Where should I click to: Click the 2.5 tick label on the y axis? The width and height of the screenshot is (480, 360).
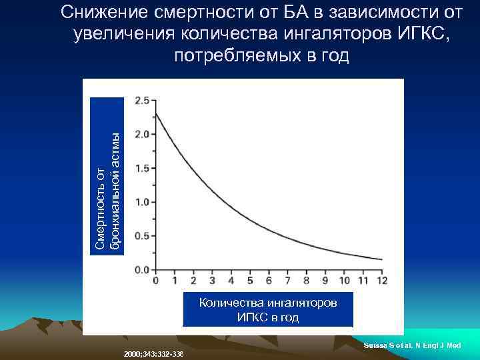point(141,101)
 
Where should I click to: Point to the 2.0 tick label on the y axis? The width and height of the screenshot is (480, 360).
point(141,135)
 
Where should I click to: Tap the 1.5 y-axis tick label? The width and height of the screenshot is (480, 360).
point(141,169)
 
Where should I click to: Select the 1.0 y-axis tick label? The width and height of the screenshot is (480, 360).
point(141,202)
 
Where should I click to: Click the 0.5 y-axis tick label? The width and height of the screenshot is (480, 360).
point(141,236)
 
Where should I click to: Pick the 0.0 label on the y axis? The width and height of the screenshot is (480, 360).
point(141,270)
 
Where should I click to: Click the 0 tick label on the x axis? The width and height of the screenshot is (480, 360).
point(155,281)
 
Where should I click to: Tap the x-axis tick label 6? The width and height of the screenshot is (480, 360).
point(269,281)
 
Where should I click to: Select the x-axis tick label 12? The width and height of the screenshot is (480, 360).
point(382,281)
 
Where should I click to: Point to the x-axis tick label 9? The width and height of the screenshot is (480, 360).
point(326,281)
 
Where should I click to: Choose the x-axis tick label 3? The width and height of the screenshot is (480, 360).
point(212,281)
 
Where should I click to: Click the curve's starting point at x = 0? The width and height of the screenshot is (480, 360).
point(155,114)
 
